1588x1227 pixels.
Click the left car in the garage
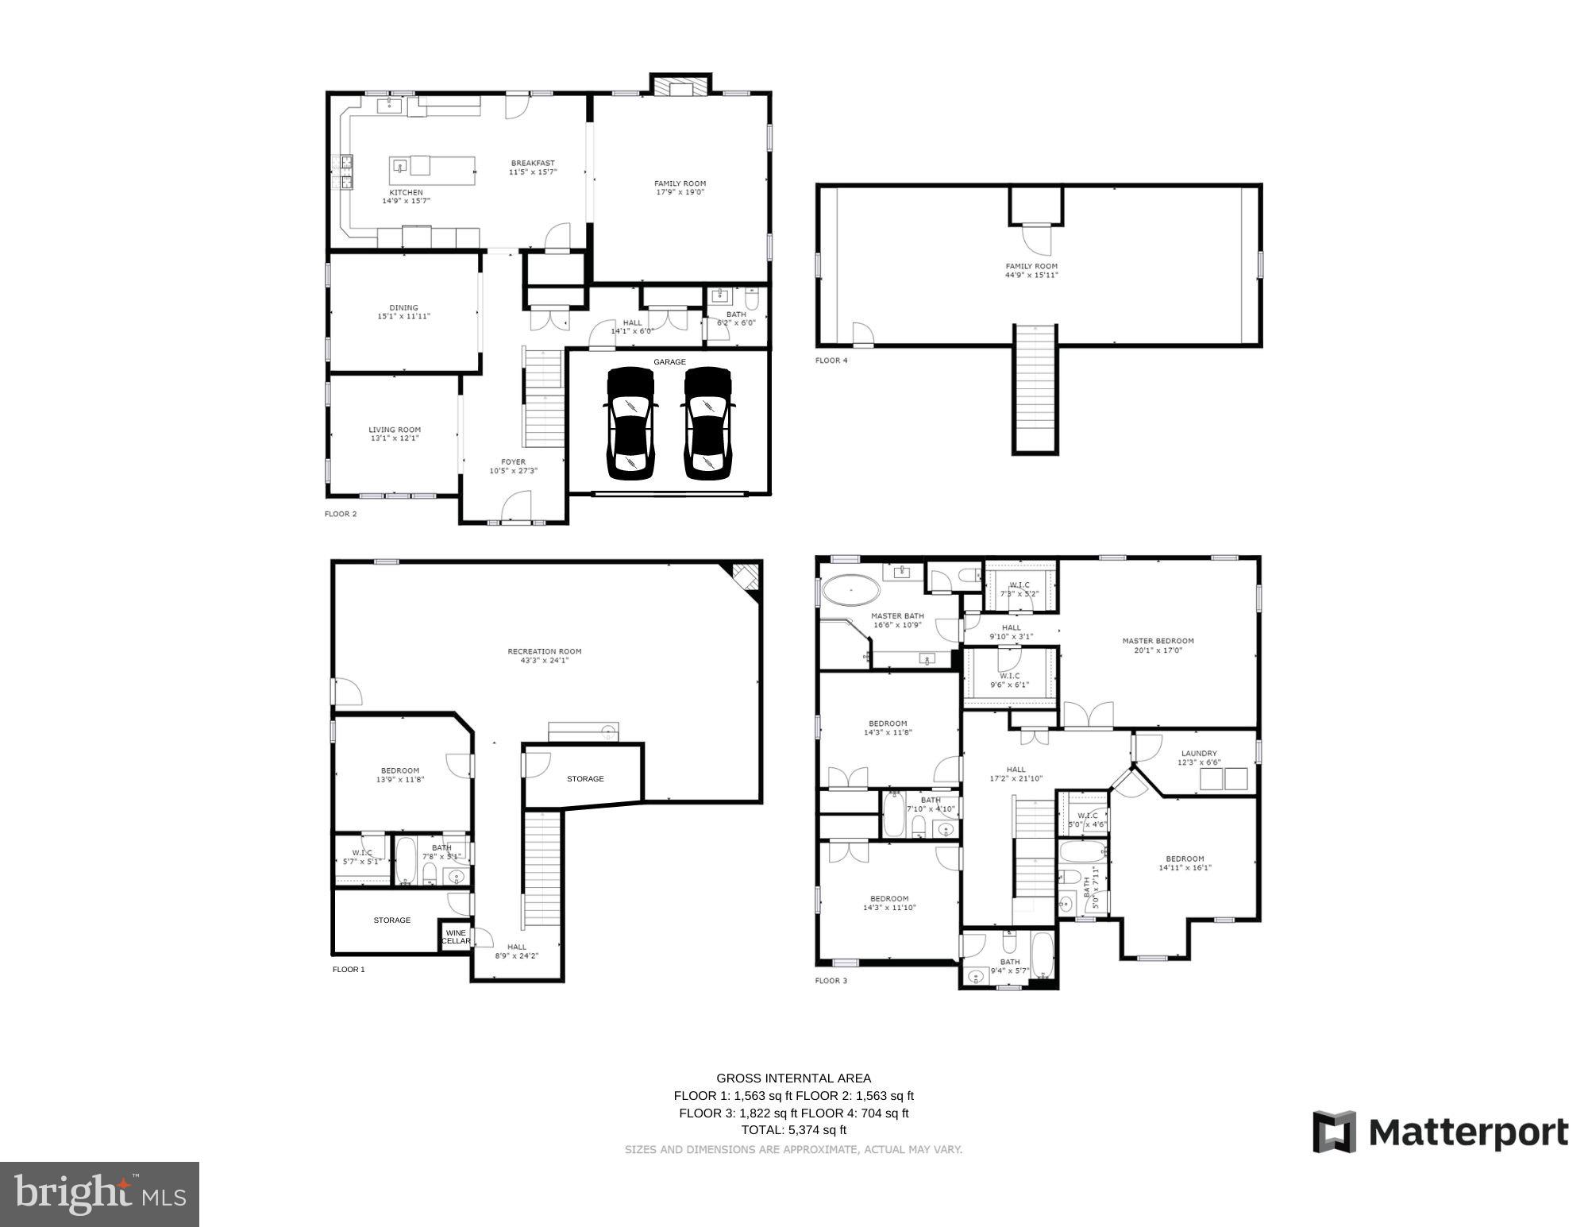point(630,424)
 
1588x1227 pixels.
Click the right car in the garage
point(707,424)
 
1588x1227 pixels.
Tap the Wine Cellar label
point(456,937)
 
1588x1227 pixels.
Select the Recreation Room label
point(545,655)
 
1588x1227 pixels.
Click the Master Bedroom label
point(1158,645)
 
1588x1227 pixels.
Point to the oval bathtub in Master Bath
point(850,592)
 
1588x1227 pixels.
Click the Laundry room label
point(1198,758)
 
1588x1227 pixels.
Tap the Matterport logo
point(1440,1132)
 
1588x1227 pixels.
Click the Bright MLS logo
point(99,1194)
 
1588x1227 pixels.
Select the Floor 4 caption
point(831,361)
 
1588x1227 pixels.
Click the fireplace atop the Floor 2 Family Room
point(681,87)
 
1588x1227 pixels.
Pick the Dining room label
point(403,312)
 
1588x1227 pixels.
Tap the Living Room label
point(394,434)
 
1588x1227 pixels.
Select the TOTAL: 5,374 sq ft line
point(793,1130)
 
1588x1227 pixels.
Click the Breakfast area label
point(533,167)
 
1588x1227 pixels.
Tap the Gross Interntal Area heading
point(793,1078)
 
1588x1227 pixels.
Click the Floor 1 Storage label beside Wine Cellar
point(392,920)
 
